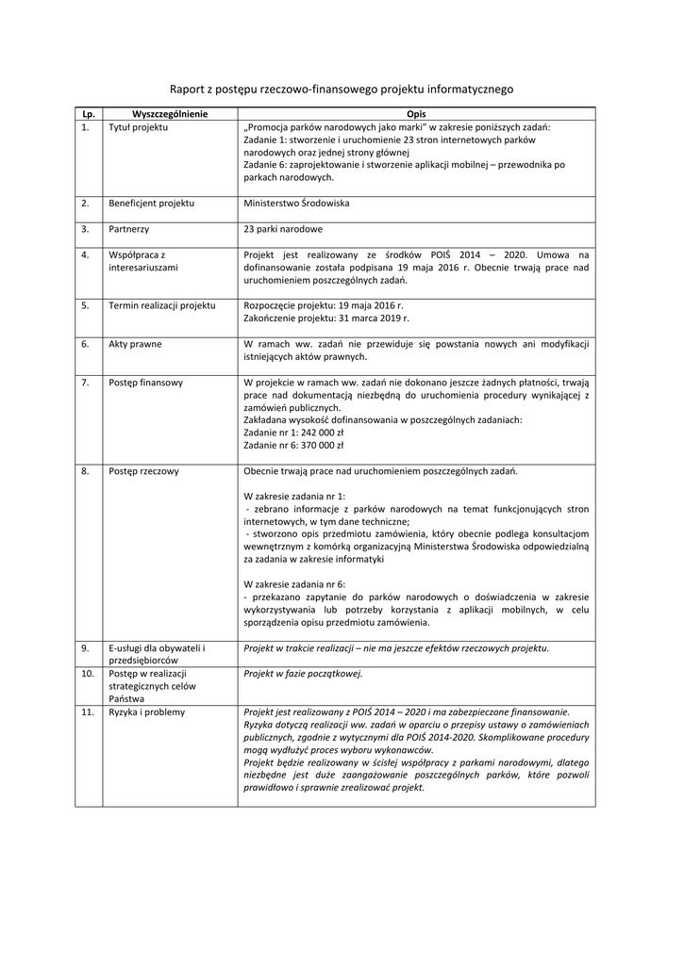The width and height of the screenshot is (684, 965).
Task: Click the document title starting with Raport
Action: [342, 90]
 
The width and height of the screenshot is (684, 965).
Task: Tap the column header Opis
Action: [415, 113]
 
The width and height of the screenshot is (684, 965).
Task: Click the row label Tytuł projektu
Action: [138, 126]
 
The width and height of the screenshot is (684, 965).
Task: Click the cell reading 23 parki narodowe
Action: [283, 229]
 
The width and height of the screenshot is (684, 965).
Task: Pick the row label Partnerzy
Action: [129, 229]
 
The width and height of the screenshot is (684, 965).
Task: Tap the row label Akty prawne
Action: [135, 344]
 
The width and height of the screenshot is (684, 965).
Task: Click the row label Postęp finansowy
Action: [146, 383]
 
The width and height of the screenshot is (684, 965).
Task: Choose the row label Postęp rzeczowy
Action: [143, 470]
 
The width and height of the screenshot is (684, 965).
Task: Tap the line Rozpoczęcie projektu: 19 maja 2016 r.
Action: [323, 305]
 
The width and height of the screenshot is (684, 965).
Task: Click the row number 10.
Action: [86, 674]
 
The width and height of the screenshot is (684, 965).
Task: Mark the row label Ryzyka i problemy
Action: [147, 712]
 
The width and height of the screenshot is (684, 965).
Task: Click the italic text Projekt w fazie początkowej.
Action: [303, 674]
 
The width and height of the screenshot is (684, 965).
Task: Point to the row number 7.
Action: [85, 383]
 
